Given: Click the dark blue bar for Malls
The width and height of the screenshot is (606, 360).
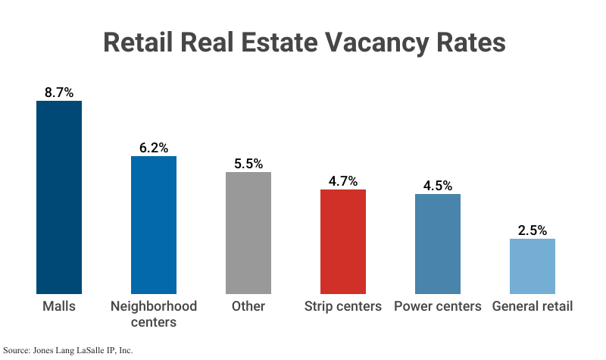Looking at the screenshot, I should (59, 197).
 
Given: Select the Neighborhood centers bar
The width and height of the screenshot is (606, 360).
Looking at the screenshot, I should (154, 225).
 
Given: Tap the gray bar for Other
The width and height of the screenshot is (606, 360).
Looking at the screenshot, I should (248, 233).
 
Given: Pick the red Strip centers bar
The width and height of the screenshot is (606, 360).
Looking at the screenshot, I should (343, 242).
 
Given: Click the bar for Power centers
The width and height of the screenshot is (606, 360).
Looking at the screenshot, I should (438, 244).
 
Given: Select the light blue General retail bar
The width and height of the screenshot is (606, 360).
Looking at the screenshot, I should (533, 266).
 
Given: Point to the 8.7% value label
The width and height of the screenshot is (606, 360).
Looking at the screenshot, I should (59, 92).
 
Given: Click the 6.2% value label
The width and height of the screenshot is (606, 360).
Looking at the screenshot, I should (154, 148).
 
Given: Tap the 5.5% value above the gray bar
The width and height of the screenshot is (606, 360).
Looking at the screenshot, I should (248, 163).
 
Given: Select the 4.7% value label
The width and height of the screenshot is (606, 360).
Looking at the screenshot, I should (343, 180).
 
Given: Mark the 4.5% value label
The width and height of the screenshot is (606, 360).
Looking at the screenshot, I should (438, 185).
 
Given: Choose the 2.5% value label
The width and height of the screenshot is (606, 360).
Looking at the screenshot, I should (533, 230).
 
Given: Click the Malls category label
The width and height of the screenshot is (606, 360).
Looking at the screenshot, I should (59, 306).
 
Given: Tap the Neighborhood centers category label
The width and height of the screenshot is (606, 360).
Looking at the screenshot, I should (154, 314).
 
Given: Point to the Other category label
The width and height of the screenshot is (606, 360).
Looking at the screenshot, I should (248, 306).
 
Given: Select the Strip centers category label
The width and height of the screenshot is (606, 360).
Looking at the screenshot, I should (343, 306).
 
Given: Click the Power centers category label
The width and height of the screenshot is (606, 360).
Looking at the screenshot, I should (438, 306).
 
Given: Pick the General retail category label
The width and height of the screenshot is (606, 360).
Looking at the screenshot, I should (533, 306).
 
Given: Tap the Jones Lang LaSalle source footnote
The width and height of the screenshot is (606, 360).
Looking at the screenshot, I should (67, 350).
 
